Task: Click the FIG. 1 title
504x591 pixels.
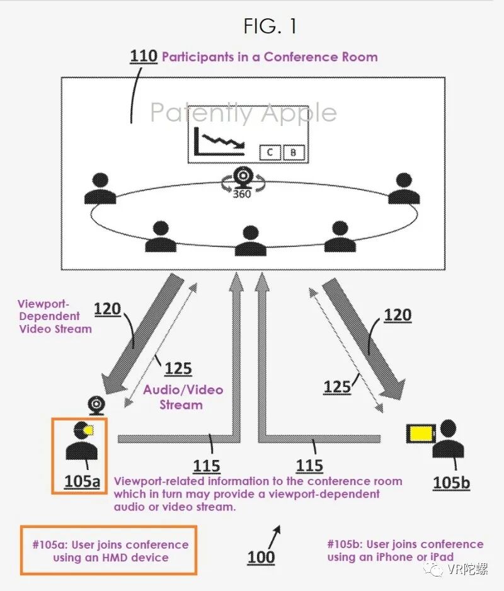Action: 270,26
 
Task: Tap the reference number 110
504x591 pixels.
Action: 144,56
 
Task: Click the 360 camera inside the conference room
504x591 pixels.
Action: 242,178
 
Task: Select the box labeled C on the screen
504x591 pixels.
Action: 270,152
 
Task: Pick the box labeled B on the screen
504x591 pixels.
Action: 293,152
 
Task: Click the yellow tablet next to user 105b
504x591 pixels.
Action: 421,433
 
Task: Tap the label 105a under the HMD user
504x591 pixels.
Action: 82,481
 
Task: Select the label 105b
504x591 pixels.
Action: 451,483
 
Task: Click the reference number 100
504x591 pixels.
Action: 261,557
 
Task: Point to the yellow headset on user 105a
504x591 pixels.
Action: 88,430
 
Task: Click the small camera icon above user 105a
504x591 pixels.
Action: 96,403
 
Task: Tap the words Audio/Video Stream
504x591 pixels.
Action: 183,397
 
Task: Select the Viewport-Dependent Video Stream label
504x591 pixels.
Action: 55,316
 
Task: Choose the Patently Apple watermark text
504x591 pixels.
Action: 243,113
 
